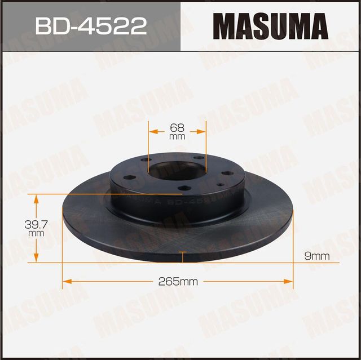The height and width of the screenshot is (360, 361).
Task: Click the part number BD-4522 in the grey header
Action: tap(90, 26)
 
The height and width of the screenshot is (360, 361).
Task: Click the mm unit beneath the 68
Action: tap(177, 136)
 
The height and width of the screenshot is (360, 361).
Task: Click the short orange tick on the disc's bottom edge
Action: tap(183, 257)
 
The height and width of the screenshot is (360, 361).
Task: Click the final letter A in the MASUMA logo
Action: tap(316, 26)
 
